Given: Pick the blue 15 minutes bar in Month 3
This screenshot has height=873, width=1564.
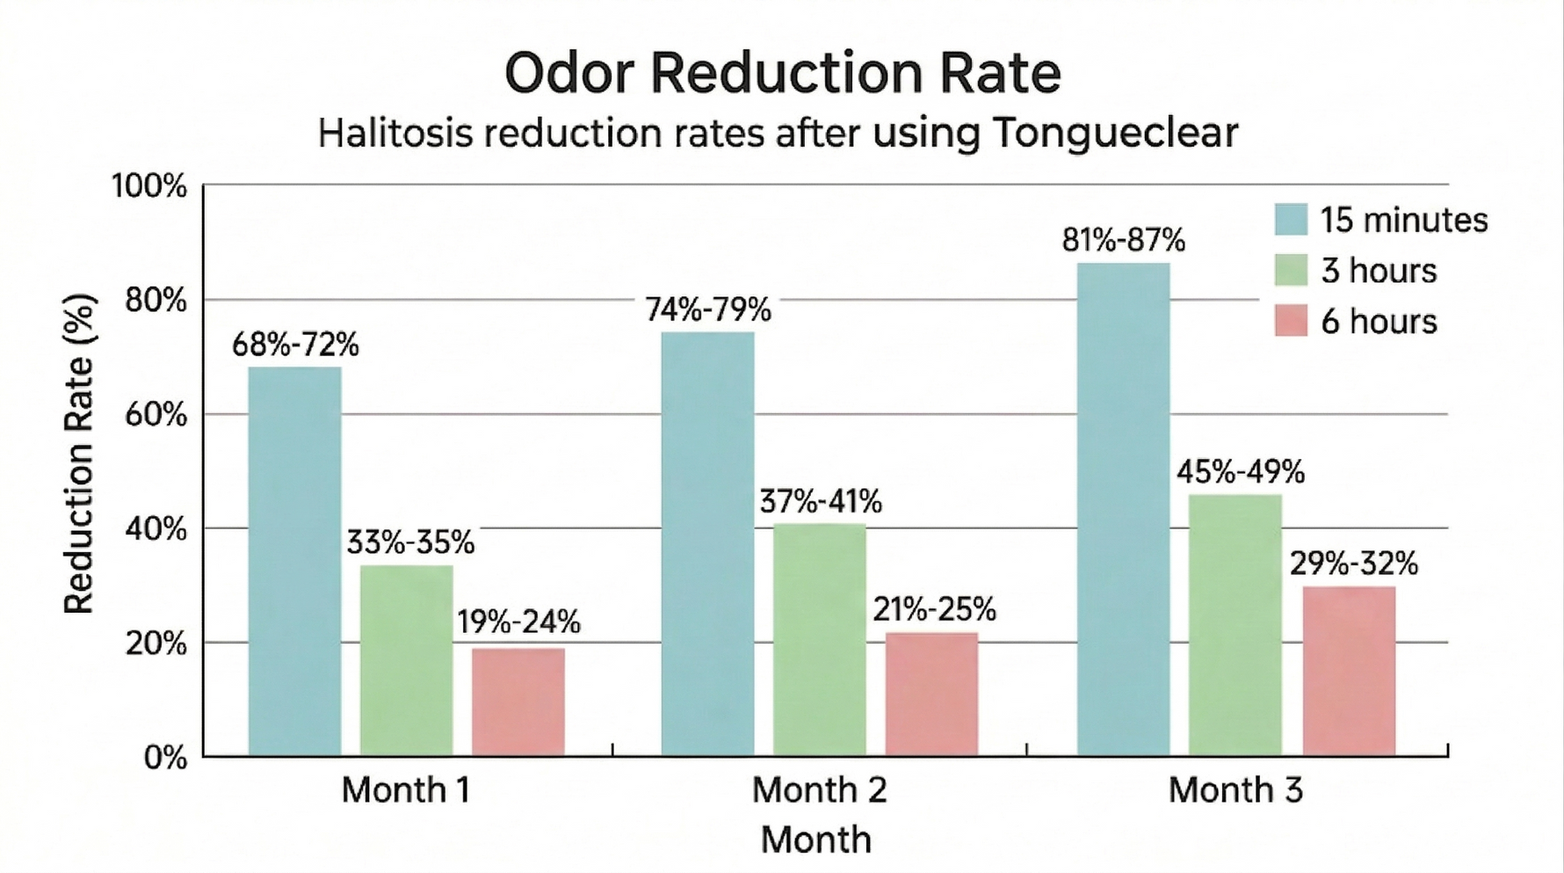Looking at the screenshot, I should point(1123,509).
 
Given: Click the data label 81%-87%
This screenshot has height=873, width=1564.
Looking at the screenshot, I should point(1123,240).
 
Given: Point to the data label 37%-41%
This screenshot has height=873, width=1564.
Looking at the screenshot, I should point(821,502).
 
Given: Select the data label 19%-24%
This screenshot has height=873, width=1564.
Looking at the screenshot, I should point(518,622).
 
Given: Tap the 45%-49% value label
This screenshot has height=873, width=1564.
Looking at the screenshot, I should point(1240,472).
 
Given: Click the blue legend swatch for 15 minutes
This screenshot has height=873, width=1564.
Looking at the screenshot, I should point(1291,219).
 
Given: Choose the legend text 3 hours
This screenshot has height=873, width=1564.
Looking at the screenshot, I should point(1379,271).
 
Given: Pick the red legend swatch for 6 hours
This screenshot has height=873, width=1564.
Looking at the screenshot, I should point(1291,321).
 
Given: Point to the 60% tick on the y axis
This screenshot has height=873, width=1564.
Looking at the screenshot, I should point(156,415).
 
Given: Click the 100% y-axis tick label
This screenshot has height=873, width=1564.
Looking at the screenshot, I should point(149,186).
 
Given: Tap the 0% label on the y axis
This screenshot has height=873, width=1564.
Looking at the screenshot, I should point(165,758).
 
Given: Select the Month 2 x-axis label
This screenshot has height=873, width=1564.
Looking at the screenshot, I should point(819,789).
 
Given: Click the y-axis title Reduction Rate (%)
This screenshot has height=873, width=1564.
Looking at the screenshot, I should point(79,454).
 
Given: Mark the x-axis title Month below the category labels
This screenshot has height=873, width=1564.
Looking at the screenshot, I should point(815,840).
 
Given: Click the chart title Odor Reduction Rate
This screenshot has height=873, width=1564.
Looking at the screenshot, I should point(782,73).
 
